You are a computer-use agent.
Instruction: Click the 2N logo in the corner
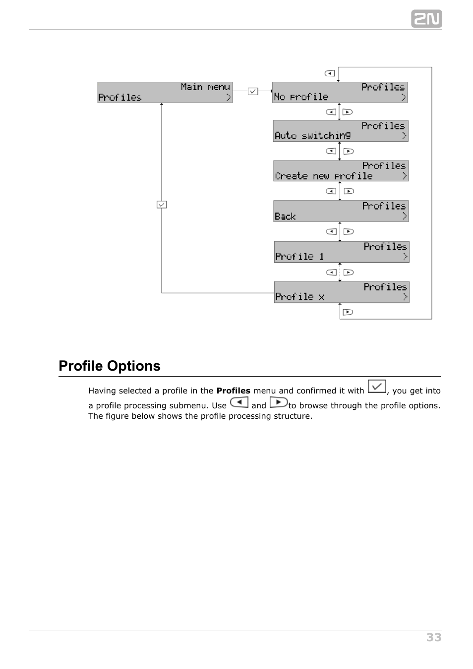pyautogui.click(x=426, y=19)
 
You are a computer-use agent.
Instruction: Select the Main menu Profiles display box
pyautogui.click(x=165, y=93)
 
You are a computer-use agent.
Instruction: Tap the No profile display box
pyautogui.click(x=340, y=93)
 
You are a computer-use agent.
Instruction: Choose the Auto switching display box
pyautogui.click(x=341, y=131)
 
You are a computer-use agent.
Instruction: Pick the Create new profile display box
pyautogui.click(x=341, y=171)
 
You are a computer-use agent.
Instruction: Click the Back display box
pyautogui.click(x=341, y=211)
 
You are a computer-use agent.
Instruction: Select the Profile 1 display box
pyautogui.click(x=342, y=252)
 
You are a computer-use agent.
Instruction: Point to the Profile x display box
pyautogui.click(x=342, y=292)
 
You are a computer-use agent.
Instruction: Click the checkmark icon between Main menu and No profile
pyautogui.click(x=253, y=91)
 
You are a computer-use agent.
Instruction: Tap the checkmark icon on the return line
pyautogui.click(x=162, y=204)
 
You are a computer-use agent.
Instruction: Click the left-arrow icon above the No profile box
pyautogui.click(x=330, y=73)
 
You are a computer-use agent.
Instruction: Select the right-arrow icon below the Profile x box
pyautogui.click(x=348, y=312)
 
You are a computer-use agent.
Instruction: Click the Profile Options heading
pyautogui.click(x=110, y=366)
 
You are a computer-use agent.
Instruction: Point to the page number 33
pyautogui.click(x=433, y=637)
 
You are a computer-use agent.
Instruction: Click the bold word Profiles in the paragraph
pyautogui.click(x=233, y=390)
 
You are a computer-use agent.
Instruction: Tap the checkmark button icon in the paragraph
pyautogui.click(x=377, y=387)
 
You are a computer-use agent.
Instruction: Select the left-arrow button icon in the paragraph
pyautogui.click(x=239, y=402)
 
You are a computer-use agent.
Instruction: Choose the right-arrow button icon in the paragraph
pyautogui.click(x=279, y=402)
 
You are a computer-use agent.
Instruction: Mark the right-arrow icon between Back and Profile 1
pyautogui.click(x=349, y=231)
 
